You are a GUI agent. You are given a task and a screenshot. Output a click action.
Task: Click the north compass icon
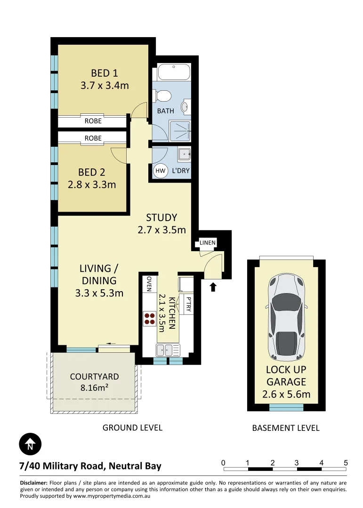30,444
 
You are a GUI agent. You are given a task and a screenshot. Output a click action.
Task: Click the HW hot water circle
160,171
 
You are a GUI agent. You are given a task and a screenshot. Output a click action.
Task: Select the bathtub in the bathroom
173,73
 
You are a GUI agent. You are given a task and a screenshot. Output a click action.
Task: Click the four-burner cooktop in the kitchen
149,319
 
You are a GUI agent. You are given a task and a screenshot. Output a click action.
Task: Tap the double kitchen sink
168,350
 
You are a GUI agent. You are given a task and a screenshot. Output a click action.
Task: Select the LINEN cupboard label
208,243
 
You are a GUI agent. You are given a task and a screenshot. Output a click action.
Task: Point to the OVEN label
149,284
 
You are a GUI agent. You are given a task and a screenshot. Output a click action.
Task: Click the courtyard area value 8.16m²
94,389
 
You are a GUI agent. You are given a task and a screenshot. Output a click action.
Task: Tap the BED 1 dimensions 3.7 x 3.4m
105,86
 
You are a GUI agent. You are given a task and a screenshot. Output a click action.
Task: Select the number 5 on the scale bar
346,462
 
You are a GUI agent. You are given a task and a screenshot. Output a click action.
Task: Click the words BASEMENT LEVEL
286,428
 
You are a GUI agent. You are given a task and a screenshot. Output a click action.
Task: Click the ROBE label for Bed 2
93,138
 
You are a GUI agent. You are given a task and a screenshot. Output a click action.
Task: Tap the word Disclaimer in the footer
33,483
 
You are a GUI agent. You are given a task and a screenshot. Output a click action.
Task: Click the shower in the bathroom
179,131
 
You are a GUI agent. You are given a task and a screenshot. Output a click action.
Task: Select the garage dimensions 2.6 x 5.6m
286,394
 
